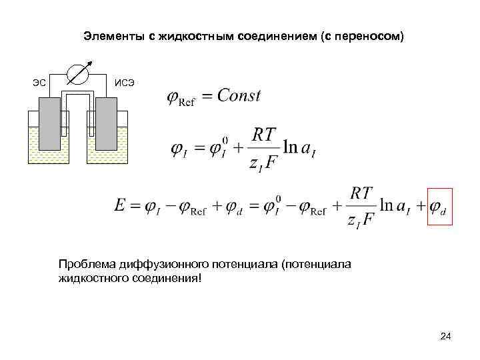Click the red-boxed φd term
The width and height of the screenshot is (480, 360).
point(439,206)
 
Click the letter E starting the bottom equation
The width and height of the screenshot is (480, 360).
point(120,206)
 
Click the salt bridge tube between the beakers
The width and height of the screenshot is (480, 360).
point(79,99)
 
